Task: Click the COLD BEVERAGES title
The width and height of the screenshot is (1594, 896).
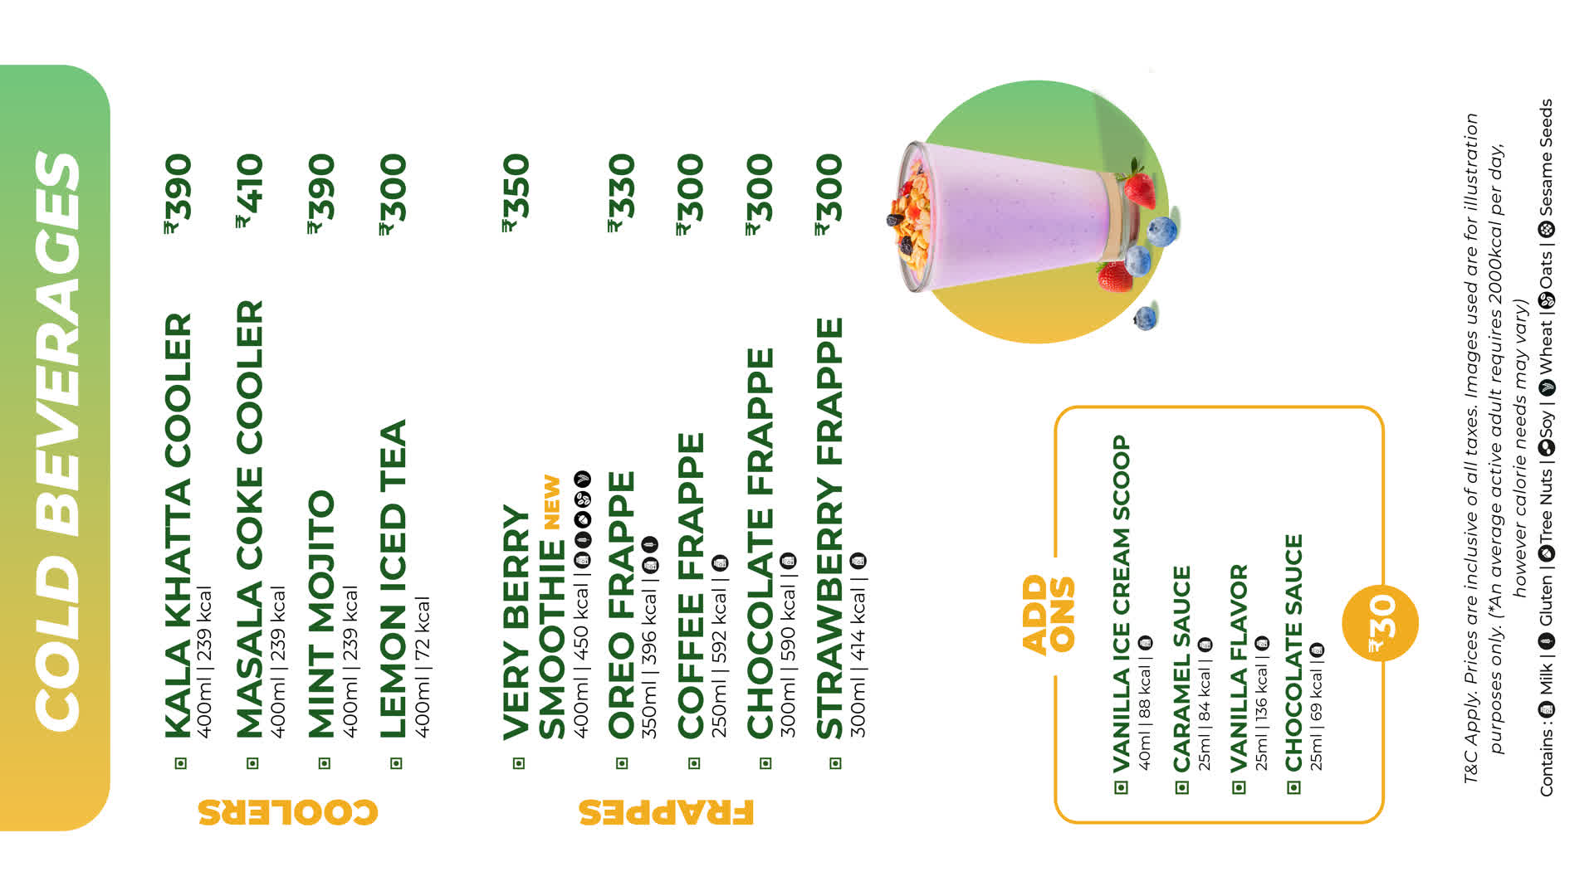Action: (58, 440)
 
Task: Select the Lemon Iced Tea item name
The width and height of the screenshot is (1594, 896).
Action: (393, 578)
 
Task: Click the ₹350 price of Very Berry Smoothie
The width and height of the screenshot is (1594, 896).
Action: (516, 192)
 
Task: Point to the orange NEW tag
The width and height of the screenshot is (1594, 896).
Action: (552, 501)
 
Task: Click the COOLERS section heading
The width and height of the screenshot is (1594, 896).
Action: (287, 812)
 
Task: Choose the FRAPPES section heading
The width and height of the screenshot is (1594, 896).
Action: (666, 812)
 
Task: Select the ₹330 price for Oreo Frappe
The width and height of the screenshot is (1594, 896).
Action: (621, 192)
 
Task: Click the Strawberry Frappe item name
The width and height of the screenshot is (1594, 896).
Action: (829, 528)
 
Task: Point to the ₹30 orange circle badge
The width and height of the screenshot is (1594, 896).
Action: (1380, 623)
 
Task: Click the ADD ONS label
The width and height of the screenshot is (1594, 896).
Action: (1049, 614)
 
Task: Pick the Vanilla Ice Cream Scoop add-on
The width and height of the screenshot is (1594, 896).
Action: (1122, 603)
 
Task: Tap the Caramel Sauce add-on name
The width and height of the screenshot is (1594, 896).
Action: (1181, 668)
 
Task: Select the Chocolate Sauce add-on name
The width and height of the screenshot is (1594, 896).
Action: (1293, 652)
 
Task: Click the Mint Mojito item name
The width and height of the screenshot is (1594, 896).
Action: (320, 613)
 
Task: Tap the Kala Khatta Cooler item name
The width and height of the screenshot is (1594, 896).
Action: (178, 525)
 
